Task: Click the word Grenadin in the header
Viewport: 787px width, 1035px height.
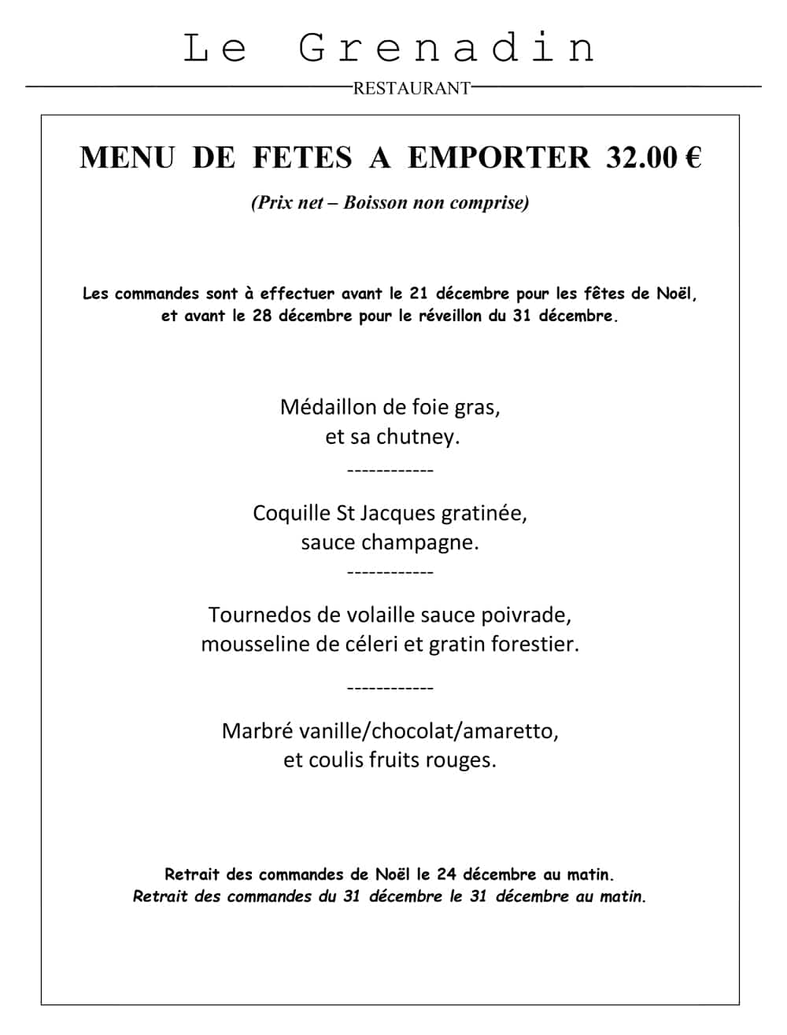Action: (x=447, y=48)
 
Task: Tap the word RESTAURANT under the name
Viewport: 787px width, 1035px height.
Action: (x=412, y=89)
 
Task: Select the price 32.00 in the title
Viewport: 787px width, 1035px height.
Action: (x=641, y=157)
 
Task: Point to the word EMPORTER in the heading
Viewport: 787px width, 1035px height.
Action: (x=498, y=157)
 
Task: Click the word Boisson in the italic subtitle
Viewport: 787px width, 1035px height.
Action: (x=375, y=203)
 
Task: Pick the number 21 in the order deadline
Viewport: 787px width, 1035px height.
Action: (x=419, y=294)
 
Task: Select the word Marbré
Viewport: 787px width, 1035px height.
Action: (x=256, y=730)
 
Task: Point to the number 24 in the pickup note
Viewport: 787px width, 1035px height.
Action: (x=447, y=874)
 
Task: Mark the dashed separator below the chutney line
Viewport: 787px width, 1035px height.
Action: (x=390, y=471)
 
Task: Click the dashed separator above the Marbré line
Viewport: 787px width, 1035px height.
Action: (x=390, y=689)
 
